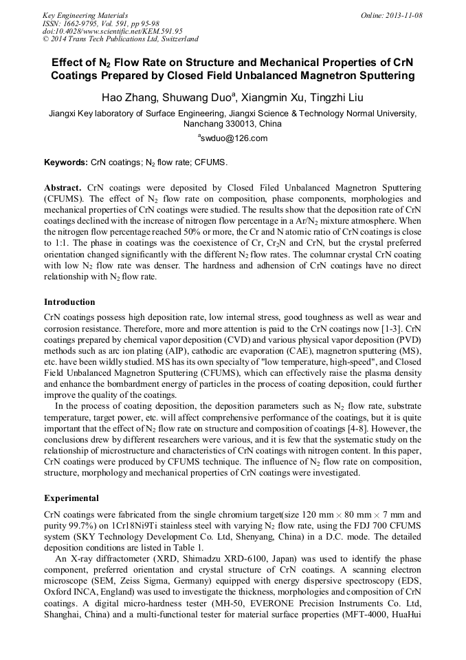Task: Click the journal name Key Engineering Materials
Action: (x=85, y=15)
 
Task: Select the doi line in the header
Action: (x=113, y=31)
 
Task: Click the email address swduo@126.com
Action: (x=234, y=138)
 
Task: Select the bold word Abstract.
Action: (x=63, y=188)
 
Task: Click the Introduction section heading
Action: (x=69, y=302)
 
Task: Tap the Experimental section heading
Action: (x=71, y=498)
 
